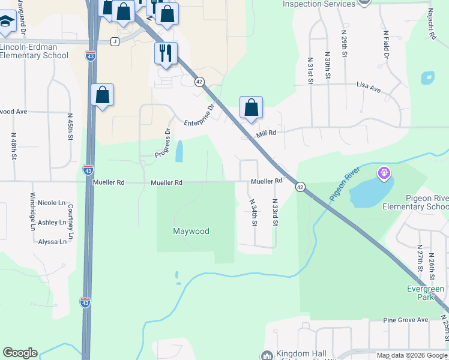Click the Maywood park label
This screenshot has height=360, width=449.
191,231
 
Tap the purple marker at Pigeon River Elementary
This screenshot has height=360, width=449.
384,174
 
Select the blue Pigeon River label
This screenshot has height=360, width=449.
343,184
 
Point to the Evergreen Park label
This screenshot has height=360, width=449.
425,293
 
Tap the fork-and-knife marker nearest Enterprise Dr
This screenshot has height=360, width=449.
165,53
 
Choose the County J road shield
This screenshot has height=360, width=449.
115,41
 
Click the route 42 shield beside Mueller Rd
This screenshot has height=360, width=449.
300,187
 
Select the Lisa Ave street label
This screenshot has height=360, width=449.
369,89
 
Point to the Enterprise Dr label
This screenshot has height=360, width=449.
199,115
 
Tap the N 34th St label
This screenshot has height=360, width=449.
254,213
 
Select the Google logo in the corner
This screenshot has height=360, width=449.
20,353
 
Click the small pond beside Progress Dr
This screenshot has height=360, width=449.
179,151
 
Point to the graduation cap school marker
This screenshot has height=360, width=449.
6,23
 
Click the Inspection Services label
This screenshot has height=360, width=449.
319,4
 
